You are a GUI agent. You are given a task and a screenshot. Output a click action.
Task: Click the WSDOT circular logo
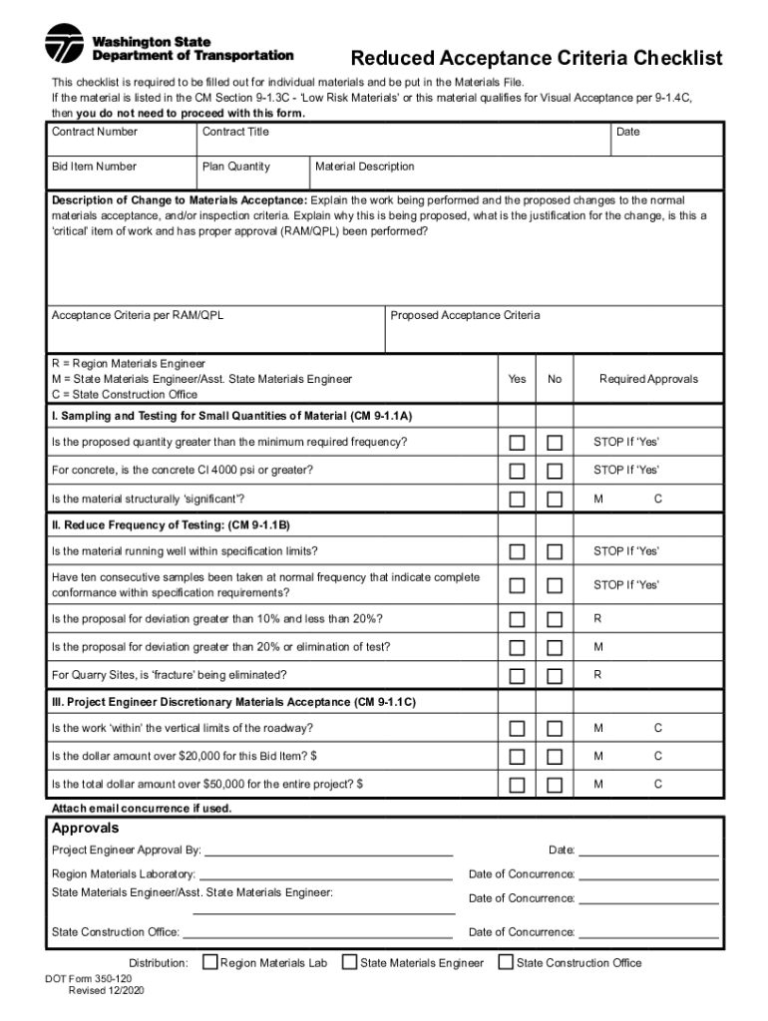(x=65, y=43)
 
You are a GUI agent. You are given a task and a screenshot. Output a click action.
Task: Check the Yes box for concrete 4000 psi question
(x=517, y=471)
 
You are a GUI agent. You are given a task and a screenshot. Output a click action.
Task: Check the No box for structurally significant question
(x=555, y=499)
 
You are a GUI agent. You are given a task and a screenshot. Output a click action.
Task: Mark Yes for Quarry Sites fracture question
(x=517, y=676)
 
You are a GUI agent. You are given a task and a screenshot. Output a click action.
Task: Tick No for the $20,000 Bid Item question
(x=555, y=757)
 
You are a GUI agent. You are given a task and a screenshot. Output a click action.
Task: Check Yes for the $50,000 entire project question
(x=517, y=785)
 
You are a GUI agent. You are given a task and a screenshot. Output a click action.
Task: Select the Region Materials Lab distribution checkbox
(x=210, y=962)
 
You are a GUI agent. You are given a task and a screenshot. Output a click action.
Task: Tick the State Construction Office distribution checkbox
(x=506, y=962)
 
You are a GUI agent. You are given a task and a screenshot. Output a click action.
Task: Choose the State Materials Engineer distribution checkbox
(x=350, y=962)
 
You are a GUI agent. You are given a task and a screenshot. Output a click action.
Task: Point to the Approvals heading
(x=85, y=829)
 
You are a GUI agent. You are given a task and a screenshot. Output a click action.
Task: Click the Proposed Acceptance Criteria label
(x=465, y=316)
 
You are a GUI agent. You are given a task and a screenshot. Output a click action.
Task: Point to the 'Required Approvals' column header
(x=648, y=379)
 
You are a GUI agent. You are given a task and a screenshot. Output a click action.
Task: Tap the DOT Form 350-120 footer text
(x=88, y=979)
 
